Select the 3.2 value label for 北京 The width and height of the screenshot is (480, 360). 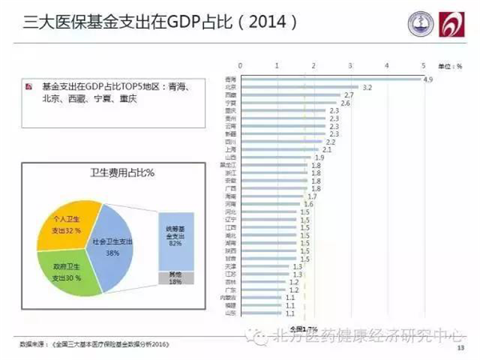367,87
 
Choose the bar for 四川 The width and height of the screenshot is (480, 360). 281,142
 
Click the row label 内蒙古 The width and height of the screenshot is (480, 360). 228,297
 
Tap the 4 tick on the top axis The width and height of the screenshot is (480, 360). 386,65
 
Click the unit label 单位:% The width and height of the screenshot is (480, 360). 452,65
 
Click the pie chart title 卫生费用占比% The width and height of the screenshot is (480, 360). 106,173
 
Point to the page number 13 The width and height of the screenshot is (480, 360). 460,347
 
